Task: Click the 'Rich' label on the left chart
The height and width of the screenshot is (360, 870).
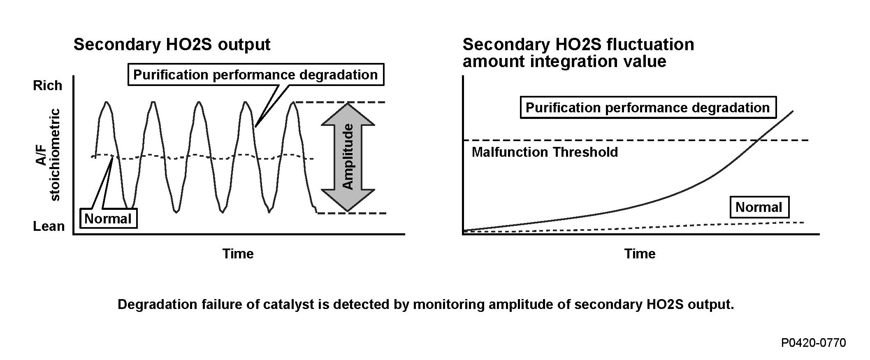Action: pos(47,86)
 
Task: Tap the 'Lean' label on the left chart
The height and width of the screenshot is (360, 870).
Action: pos(49,226)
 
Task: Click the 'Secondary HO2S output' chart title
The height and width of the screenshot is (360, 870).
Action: pos(172,44)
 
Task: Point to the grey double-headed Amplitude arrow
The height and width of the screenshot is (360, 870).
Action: pos(348,157)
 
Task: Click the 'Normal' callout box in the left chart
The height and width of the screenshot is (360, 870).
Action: pos(108,218)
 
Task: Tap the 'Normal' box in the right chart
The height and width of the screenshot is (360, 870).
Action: pos(759,207)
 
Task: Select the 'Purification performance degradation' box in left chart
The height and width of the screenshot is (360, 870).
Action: pos(255,74)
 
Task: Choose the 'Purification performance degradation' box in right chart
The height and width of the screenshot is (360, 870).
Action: pos(647,108)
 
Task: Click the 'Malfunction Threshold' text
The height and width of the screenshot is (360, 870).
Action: pos(545,152)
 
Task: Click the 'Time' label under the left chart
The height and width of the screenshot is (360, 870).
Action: pos(238,253)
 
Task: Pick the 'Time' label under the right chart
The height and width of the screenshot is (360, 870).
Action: pos(640,253)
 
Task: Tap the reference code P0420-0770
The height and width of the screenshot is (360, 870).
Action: pos(814,343)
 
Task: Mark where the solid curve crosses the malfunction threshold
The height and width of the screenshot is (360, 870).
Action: pos(757,140)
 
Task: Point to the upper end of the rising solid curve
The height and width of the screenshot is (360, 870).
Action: pos(793,111)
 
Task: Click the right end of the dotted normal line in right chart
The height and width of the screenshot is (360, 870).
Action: pos(803,223)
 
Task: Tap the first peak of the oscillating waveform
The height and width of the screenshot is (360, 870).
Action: pos(107,102)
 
